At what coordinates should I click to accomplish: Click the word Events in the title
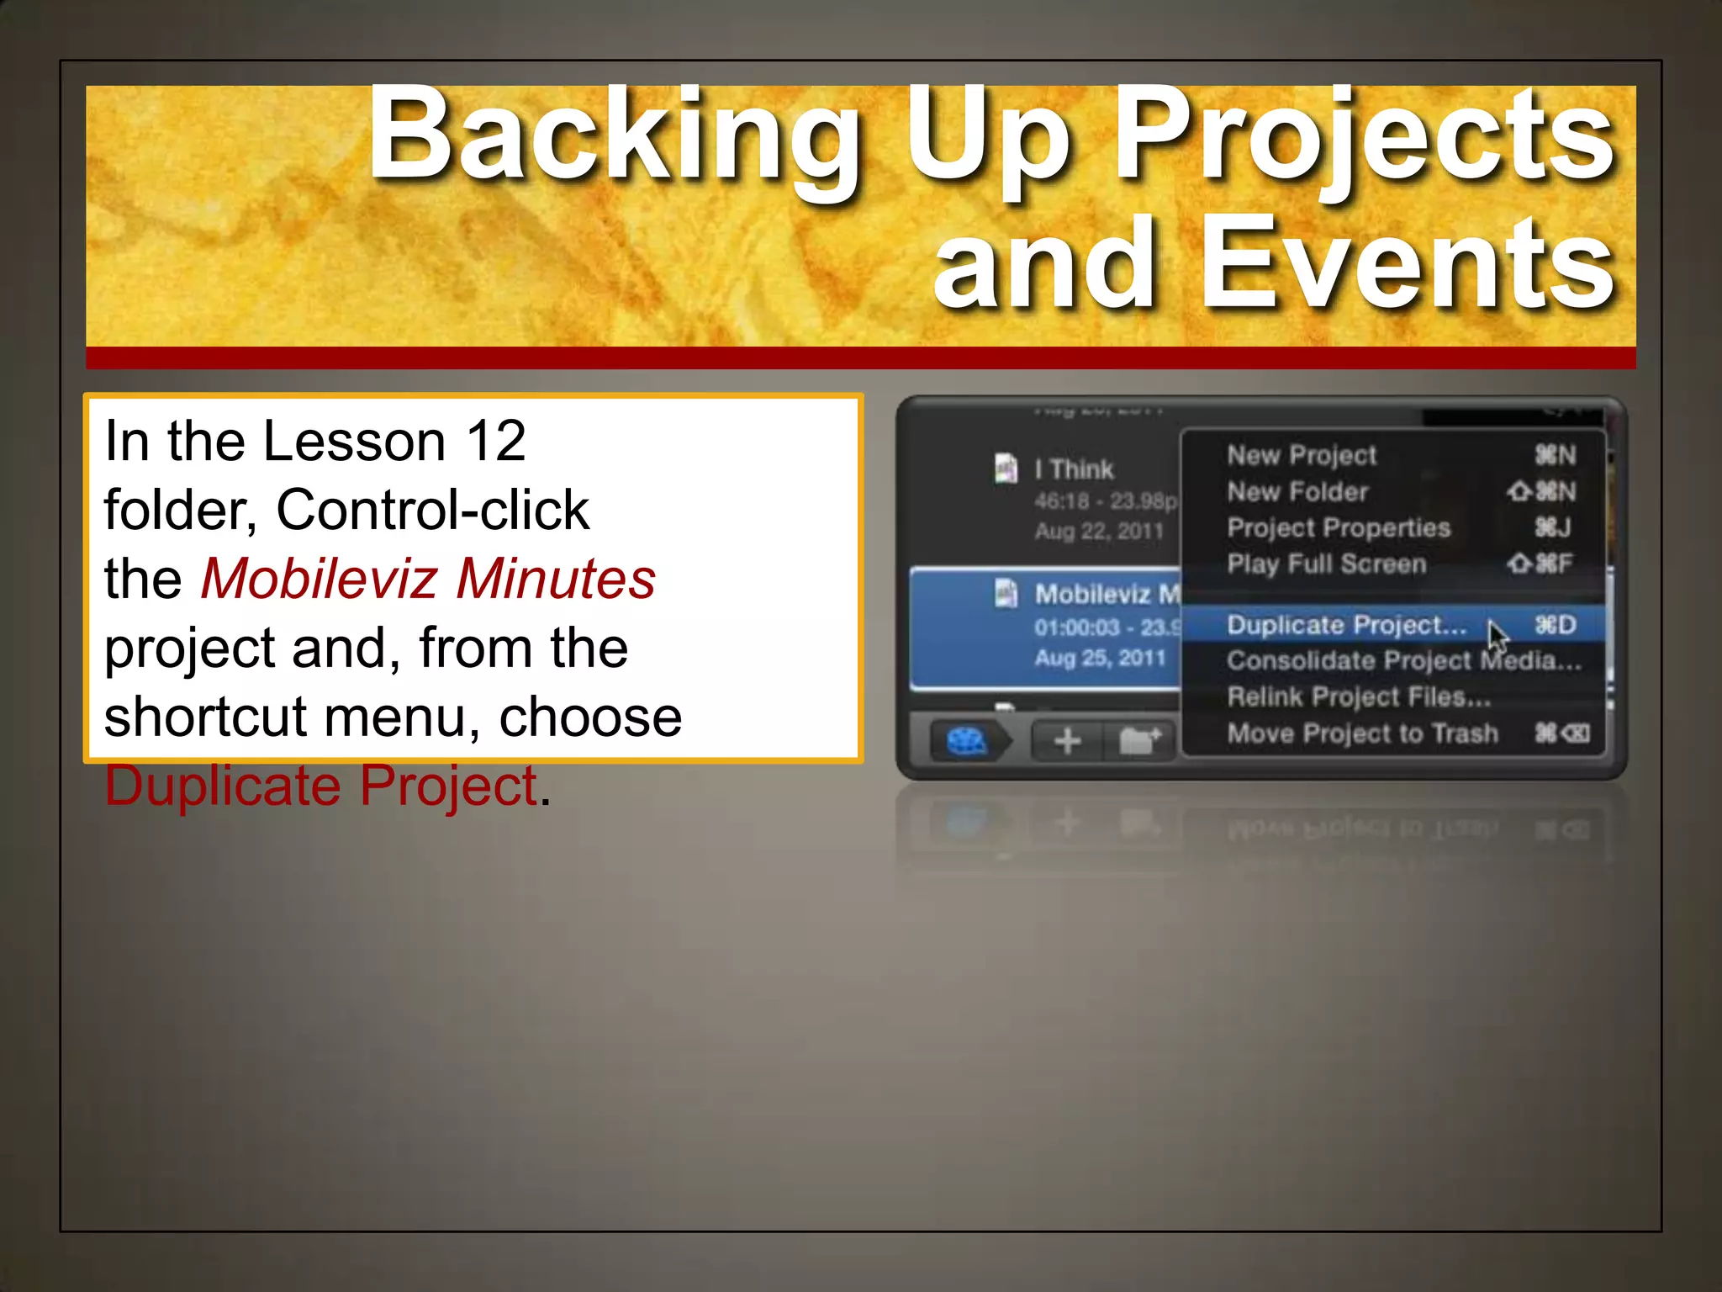[1406, 265]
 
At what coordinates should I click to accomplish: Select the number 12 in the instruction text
[496, 441]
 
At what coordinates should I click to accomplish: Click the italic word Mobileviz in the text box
[319, 579]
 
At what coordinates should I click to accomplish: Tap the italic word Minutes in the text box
[556, 579]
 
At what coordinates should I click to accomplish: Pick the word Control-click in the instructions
[432, 510]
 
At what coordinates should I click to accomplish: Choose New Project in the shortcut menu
[1301, 455]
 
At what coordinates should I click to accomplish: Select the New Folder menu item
[1297, 491]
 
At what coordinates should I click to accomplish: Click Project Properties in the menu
[1338, 527]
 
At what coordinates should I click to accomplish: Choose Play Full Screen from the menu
[1326, 564]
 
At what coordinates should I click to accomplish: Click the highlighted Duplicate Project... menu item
[1345, 625]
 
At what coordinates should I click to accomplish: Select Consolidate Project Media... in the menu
[1403, 661]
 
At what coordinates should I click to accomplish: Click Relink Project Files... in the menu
[1358, 697]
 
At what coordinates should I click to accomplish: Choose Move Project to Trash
[1362, 733]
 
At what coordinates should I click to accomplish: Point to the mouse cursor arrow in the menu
[1497, 636]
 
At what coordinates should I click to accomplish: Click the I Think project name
[1074, 469]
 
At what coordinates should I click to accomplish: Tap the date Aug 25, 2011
[1099, 658]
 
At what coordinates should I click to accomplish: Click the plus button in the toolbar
[1067, 741]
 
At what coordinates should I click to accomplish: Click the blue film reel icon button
[966, 741]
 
